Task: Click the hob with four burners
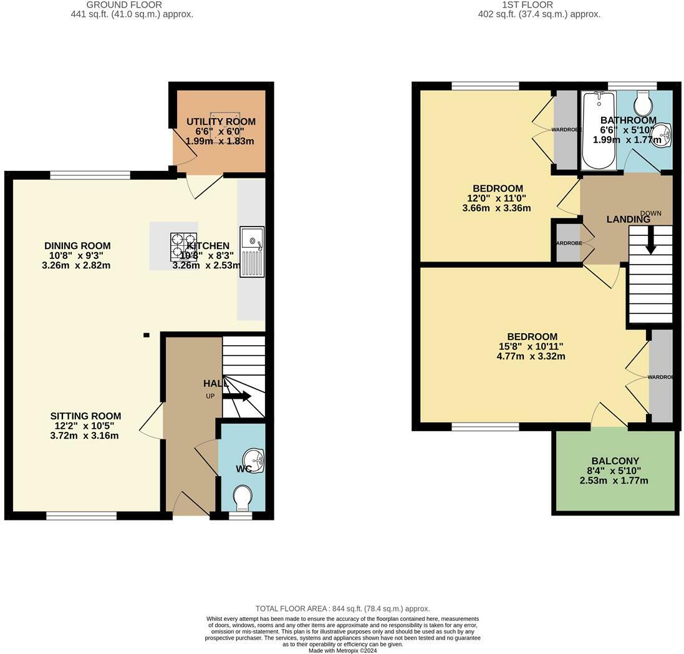coord(184,245)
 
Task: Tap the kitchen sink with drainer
coord(252,251)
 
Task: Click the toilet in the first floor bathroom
coord(642,102)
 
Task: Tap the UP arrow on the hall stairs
coord(238,396)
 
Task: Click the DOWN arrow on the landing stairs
coord(650,240)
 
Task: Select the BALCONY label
coord(615,461)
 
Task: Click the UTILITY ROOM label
coord(221,122)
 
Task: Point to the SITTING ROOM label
coord(85,416)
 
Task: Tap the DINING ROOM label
coord(77,246)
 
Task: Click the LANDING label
coord(629,219)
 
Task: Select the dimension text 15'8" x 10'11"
coord(532,347)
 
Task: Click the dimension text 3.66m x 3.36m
coord(496,208)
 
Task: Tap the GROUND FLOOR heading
coord(132,4)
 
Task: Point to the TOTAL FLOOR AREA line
coord(342,608)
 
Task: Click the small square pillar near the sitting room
coord(147,335)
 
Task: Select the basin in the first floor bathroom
coord(663,134)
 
